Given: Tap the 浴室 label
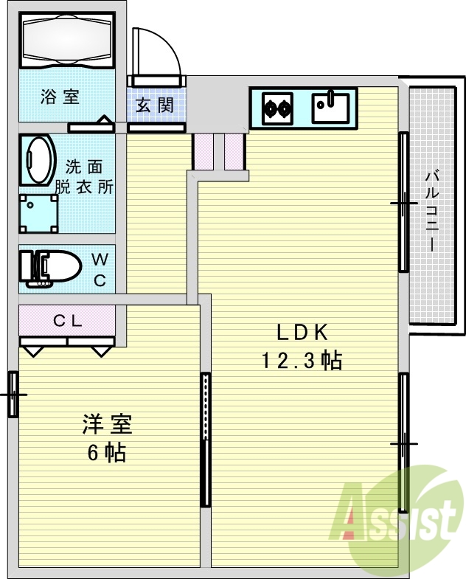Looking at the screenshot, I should (60, 97).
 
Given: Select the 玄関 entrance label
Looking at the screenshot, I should (155, 104).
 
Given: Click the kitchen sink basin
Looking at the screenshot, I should (330, 108).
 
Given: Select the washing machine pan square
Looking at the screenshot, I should (38, 213).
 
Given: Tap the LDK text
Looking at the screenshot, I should (302, 333).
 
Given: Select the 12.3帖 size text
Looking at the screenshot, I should (302, 361).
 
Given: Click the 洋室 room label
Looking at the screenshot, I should (107, 426).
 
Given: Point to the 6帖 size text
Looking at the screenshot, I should (107, 453).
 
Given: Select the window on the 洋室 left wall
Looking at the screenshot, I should (13, 395).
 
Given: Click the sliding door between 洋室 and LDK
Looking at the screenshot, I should (205, 440).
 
